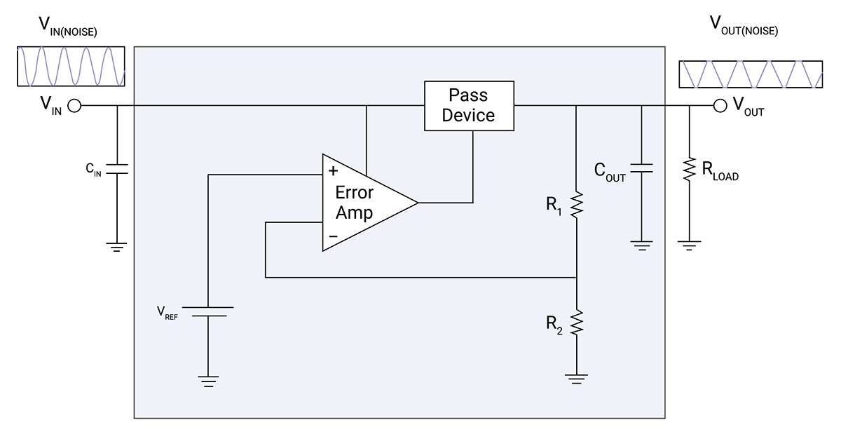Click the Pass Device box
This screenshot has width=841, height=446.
click(x=469, y=105)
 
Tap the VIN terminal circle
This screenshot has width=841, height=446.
click(x=74, y=106)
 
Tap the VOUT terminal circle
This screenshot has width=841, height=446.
click(x=719, y=106)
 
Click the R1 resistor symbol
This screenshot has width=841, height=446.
click(x=575, y=205)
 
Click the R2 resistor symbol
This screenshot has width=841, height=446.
click(x=575, y=323)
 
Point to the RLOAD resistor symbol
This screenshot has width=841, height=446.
click(x=690, y=168)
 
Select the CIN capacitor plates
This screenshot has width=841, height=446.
click(x=116, y=170)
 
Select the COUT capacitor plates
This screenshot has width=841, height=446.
click(x=641, y=168)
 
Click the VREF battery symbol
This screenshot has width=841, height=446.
click(x=208, y=311)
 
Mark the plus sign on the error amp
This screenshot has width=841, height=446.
click(x=333, y=170)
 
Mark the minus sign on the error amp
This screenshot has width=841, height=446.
click(x=333, y=237)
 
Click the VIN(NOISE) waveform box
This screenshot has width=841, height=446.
click(x=71, y=67)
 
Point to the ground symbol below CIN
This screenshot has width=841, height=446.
click(x=116, y=246)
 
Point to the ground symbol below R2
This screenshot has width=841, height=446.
click(x=575, y=379)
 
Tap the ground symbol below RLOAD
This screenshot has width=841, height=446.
click(x=690, y=245)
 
